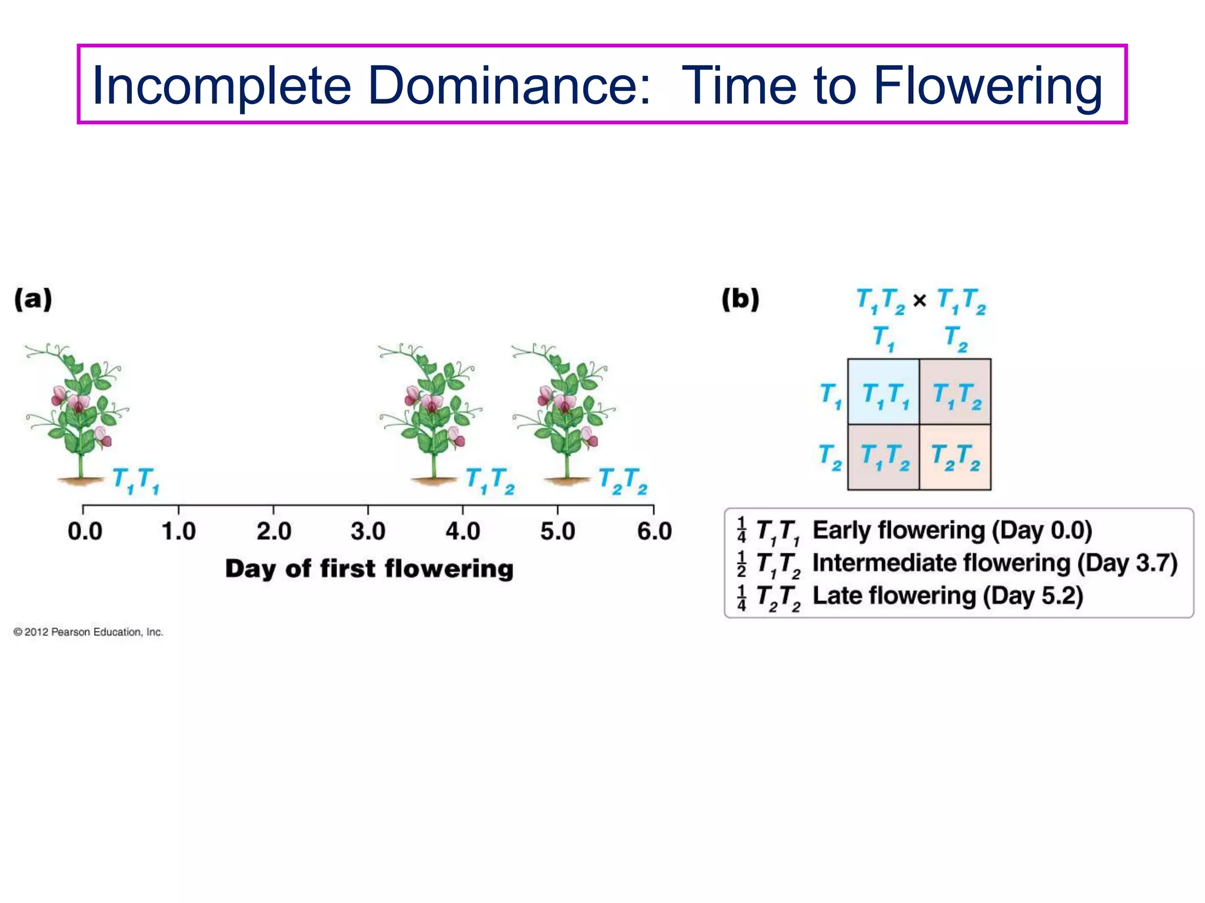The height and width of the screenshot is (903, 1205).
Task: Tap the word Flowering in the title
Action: (x=987, y=86)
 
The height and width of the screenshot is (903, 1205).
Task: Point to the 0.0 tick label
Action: (x=85, y=531)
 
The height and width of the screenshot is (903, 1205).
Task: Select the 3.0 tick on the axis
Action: (x=368, y=531)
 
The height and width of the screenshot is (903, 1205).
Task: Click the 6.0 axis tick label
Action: (x=654, y=531)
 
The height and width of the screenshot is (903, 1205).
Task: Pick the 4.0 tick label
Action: (x=462, y=531)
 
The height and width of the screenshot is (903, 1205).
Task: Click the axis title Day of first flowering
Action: (x=369, y=569)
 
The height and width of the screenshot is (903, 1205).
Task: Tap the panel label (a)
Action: (x=34, y=299)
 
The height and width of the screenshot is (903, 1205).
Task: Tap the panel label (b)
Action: (x=740, y=299)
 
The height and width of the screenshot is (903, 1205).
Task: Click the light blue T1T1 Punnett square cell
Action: (x=883, y=392)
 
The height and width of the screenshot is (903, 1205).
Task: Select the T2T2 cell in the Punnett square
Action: (x=955, y=457)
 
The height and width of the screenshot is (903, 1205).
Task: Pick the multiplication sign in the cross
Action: (x=920, y=301)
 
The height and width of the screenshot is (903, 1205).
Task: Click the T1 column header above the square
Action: (x=883, y=338)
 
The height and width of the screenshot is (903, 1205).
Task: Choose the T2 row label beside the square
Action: (x=830, y=457)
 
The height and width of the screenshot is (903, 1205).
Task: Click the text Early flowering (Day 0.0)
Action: (x=952, y=530)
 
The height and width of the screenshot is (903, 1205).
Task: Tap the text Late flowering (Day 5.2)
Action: (x=947, y=596)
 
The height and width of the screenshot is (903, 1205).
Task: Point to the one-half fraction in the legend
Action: (x=741, y=564)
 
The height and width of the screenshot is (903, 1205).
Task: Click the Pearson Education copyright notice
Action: (x=88, y=632)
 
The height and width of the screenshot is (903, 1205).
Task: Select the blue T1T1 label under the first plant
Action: (x=135, y=480)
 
